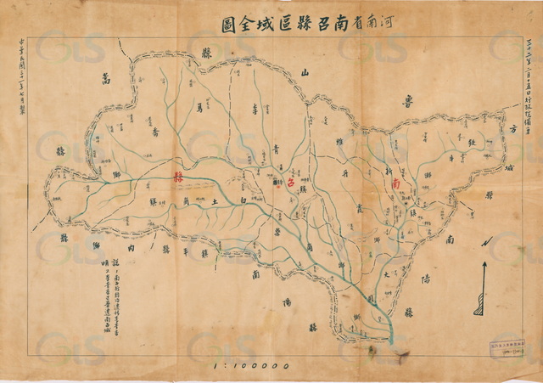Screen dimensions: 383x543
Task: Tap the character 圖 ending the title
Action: point(228,22)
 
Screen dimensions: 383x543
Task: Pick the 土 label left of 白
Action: point(215,200)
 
